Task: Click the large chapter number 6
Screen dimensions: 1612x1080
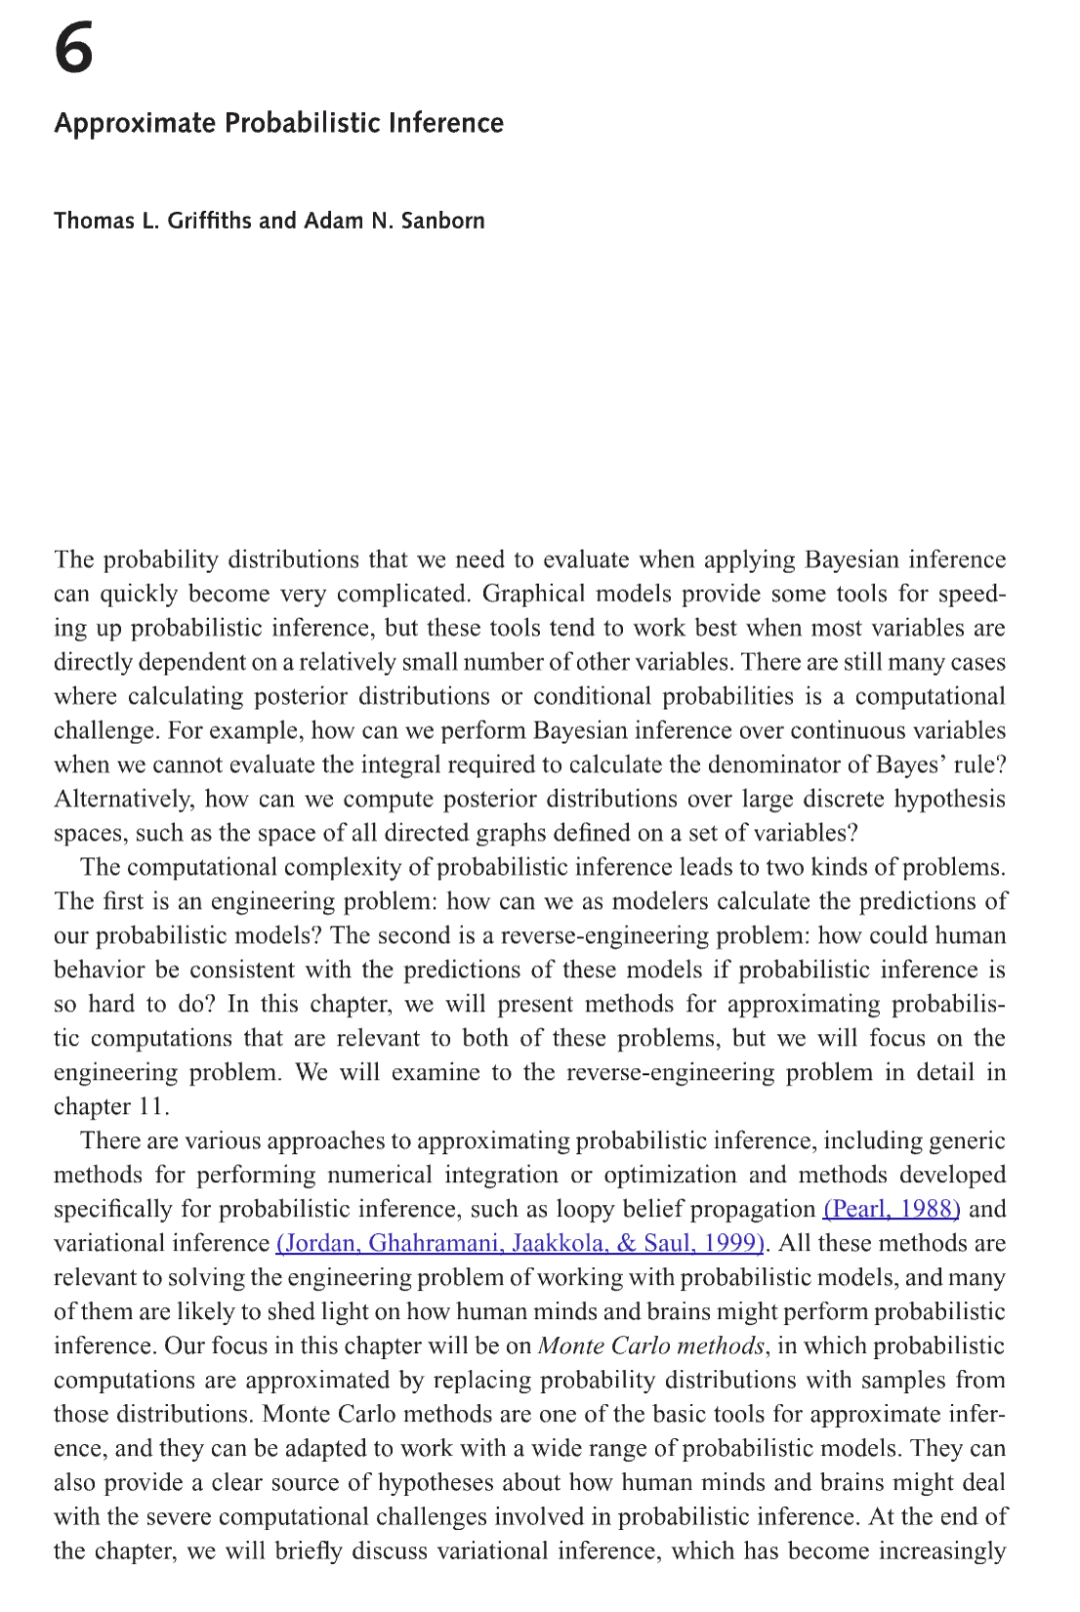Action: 74,50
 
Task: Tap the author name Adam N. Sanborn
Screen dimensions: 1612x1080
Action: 394,221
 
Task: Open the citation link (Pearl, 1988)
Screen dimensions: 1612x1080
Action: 891,1209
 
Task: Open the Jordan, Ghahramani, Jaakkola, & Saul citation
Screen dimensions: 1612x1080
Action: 520,1243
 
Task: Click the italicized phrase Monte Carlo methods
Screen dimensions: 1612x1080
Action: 651,1346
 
